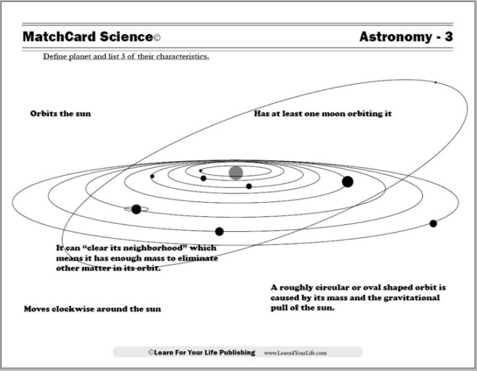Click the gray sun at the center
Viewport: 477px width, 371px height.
pyautogui.click(x=236, y=173)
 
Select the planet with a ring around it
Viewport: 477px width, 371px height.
pyautogui.click(x=136, y=209)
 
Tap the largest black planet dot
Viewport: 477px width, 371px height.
pyautogui.click(x=348, y=181)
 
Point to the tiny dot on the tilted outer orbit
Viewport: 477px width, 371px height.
pyautogui.click(x=436, y=83)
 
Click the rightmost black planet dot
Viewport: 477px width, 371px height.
pyautogui.click(x=433, y=223)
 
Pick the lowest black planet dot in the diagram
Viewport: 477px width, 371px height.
pyautogui.click(x=219, y=231)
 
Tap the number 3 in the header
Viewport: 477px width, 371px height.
pyautogui.click(x=448, y=37)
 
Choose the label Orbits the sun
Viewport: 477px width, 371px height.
pyautogui.click(x=60, y=113)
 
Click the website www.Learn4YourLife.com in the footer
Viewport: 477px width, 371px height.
pyautogui.click(x=295, y=353)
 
